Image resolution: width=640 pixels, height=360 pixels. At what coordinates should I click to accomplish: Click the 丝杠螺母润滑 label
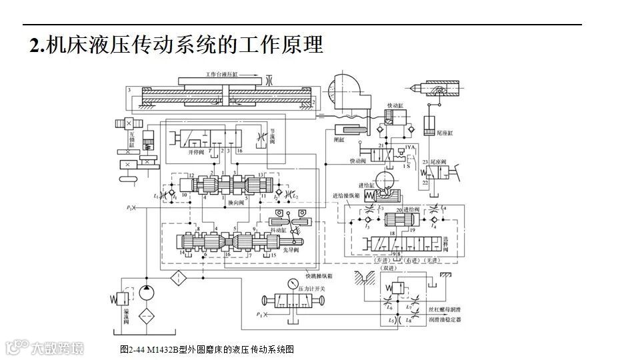click(444, 310)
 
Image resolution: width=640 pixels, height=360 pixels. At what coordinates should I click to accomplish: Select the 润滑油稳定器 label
click(444, 319)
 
